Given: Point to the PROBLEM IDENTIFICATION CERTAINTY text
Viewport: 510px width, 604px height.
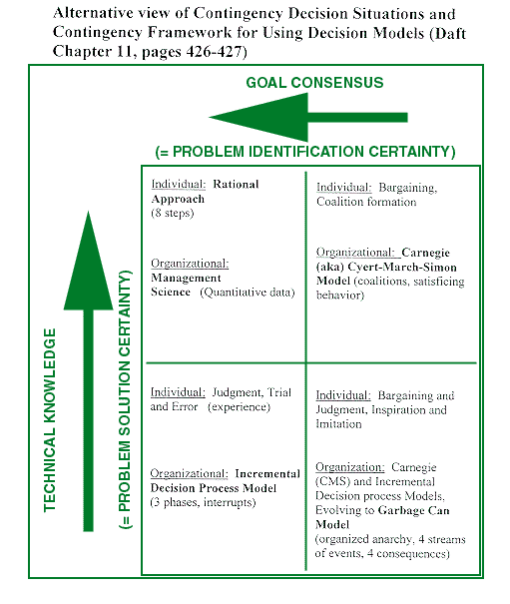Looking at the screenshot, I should coord(304,152).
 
